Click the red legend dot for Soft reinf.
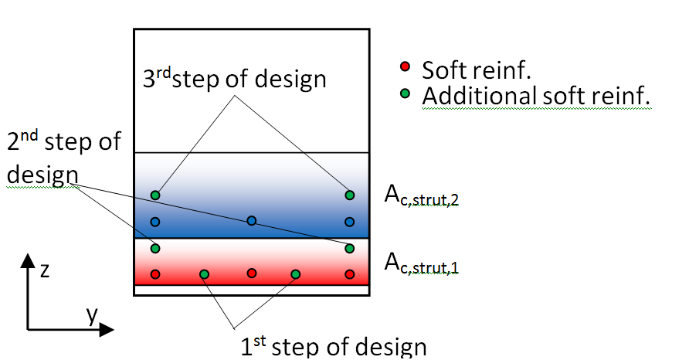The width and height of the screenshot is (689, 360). click(x=404, y=68)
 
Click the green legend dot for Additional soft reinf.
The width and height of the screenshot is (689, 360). click(x=404, y=95)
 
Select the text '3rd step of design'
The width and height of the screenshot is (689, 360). click(x=235, y=79)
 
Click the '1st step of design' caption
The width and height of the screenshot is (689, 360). click(x=334, y=346)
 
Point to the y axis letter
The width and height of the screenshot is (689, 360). click(x=91, y=314)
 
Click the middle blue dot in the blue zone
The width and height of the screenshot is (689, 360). click(x=252, y=221)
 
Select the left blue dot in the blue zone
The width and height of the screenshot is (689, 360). click(x=155, y=222)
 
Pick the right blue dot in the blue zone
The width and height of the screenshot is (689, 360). click(x=350, y=222)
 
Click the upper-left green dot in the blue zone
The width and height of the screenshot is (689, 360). click(x=155, y=195)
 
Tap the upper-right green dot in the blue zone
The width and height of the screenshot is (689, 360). click(x=350, y=195)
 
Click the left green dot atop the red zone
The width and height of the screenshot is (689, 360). click(x=155, y=248)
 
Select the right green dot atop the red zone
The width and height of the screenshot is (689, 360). click(x=350, y=248)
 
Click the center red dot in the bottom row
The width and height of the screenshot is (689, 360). click(x=252, y=273)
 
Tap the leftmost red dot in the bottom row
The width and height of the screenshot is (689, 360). click(x=155, y=274)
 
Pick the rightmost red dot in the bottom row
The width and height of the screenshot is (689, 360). click(x=350, y=274)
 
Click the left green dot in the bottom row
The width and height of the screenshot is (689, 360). click(x=204, y=274)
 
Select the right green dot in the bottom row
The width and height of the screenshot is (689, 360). click(x=295, y=274)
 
